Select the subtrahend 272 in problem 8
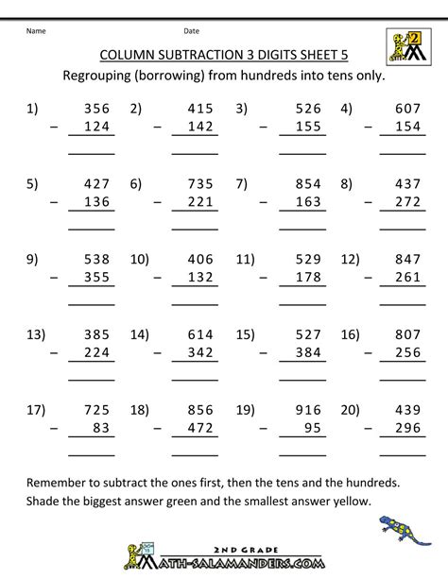[x=406, y=201]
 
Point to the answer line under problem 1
[x=92, y=151]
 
